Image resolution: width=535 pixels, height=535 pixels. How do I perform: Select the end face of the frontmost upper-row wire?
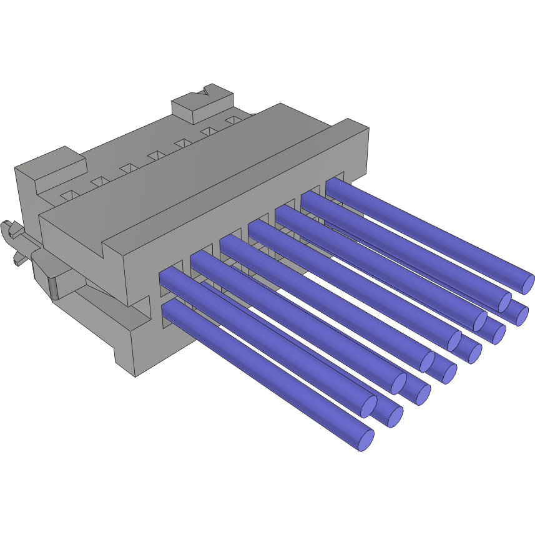click(x=369, y=406)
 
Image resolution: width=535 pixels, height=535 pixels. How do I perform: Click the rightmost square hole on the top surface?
click(x=234, y=119)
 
